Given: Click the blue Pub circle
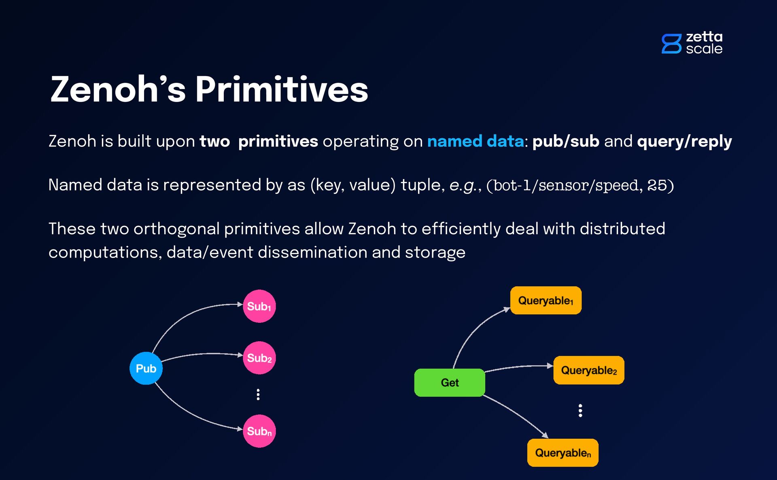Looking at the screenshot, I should (146, 368).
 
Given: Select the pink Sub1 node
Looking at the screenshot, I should (259, 306).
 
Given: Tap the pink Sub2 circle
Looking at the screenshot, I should (259, 358).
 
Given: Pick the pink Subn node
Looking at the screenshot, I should (259, 431).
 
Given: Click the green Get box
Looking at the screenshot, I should (450, 383).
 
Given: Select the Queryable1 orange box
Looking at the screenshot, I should (546, 300).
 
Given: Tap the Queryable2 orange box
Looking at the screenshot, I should (588, 370).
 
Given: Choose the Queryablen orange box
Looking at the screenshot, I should (563, 453).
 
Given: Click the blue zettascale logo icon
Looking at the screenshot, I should (671, 44).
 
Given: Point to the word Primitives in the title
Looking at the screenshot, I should (282, 90).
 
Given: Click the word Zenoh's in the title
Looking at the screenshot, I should (118, 90).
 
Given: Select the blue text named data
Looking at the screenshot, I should (475, 142).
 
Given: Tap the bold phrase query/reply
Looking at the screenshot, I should (684, 142).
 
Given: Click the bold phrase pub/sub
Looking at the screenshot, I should (565, 142).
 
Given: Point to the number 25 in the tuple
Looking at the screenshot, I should (657, 185).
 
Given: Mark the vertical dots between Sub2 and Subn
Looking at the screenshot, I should (258, 394).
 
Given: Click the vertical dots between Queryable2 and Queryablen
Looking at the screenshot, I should (580, 410).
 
